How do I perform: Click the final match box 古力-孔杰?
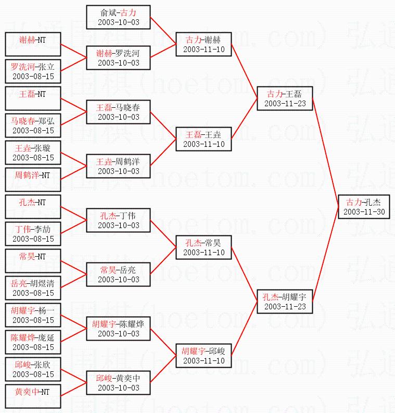363,207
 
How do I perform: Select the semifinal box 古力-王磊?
285,98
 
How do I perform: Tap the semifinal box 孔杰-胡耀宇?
285,302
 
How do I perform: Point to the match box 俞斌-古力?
119,17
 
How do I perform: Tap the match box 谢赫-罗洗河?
119,58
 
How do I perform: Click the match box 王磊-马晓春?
119,112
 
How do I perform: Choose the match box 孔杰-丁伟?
119,220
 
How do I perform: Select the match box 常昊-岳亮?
119,274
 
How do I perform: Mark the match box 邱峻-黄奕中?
119,383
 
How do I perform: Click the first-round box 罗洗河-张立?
33,71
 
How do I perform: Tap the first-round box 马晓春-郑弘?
33,126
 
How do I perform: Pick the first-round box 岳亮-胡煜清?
33,288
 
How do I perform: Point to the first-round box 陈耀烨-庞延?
33,342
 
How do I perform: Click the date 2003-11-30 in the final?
364,212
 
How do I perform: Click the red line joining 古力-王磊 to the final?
325,151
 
